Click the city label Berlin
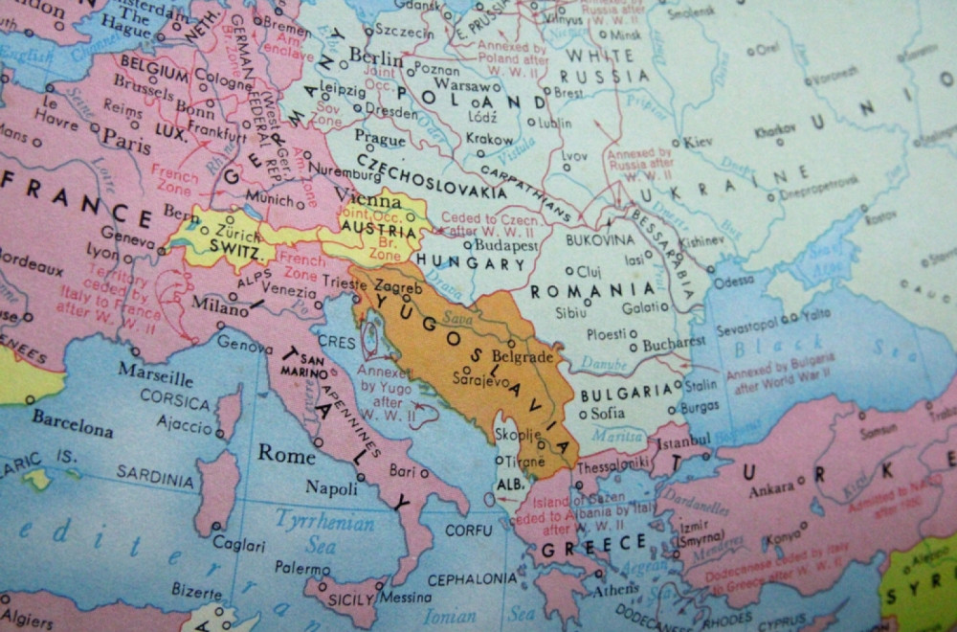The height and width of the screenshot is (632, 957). (375, 57)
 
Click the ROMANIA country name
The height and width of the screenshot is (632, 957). (593, 289)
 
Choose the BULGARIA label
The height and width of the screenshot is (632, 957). (627, 392)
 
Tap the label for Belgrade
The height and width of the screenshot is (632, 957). (523, 357)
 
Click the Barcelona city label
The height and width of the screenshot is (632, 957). (72, 422)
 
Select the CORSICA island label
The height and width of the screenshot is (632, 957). (174, 400)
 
